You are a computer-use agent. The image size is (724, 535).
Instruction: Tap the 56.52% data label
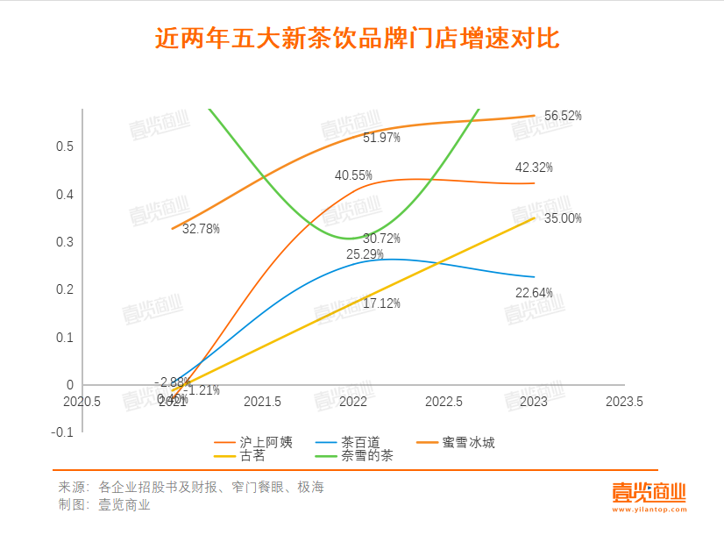[x=563, y=116]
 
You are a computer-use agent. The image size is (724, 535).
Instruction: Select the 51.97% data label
[x=380, y=138]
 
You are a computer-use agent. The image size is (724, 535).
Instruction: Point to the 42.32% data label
[x=534, y=168]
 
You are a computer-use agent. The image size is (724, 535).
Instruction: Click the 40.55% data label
[x=353, y=175]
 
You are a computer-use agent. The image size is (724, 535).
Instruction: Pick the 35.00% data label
[x=563, y=218]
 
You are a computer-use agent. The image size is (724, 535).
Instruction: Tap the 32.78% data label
[x=201, y=229]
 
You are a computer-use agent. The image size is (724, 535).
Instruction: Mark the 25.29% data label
[x=365, y=255]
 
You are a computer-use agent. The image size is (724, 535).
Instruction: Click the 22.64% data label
[x=534, y=293]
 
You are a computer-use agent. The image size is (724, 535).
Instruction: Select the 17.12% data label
[x=380, y=303]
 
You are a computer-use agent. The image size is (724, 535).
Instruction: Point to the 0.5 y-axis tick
[x=65, y=146]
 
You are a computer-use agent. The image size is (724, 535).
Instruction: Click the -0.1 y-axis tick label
[x=63, y=432]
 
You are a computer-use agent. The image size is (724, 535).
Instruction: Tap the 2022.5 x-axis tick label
[x=444, y=402]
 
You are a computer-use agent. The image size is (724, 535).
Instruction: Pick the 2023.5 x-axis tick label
[x=624, y=402]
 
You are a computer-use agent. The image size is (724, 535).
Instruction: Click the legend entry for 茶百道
[x=360, y=442]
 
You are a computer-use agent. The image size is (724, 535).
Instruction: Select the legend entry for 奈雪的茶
[x=367, y=455]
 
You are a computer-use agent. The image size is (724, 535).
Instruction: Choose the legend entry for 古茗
[x=252, y=455]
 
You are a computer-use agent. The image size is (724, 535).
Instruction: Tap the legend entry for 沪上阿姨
[x=260, y=442]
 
